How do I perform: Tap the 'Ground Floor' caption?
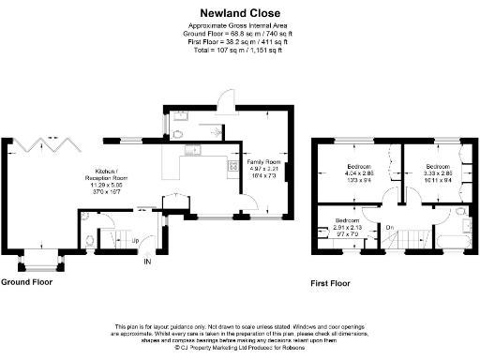point(26,281)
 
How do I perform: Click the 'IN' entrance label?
point(146,262)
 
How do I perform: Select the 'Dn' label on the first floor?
point(388,227)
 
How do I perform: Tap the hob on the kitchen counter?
point(230,167)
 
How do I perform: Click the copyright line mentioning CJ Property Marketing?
point(240,346)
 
